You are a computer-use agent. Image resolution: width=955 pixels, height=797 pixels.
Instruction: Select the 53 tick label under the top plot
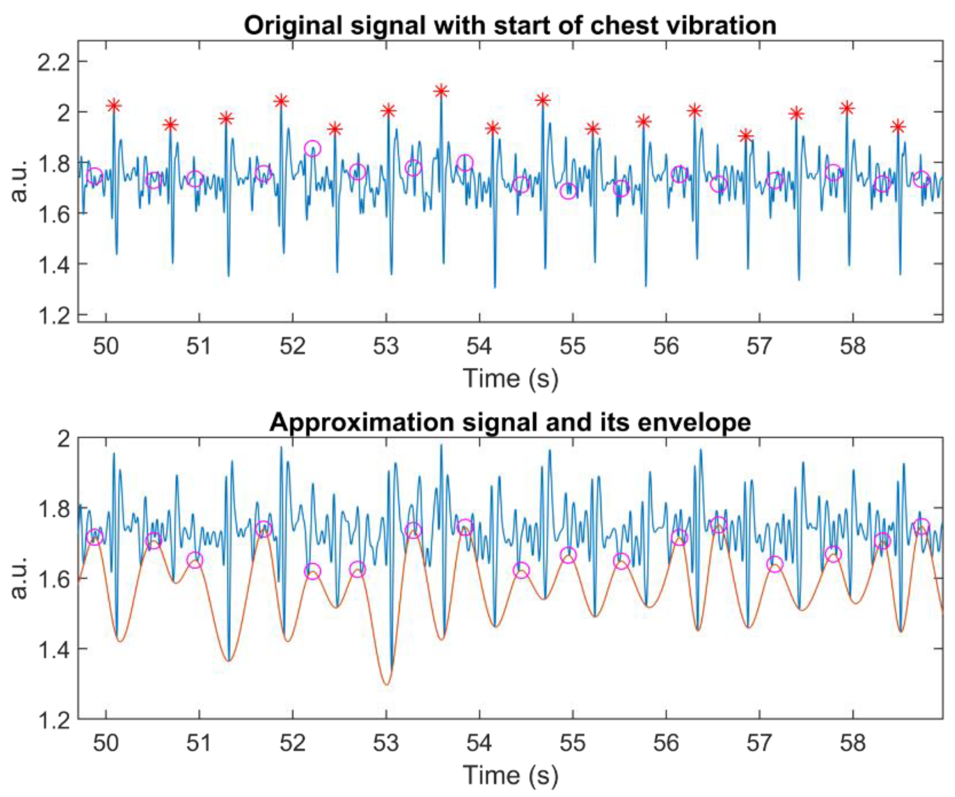386,347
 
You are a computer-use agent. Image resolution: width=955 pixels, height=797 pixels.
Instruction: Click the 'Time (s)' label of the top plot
510,379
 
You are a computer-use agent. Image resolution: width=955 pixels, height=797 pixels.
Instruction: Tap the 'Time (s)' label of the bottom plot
510,775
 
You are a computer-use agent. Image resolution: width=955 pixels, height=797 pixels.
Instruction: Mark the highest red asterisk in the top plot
440,91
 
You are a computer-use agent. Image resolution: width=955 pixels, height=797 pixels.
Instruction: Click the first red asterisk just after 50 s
114,106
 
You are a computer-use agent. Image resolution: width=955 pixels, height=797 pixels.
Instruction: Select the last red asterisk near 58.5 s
897,127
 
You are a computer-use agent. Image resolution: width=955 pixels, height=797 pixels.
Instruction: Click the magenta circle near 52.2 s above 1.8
312,148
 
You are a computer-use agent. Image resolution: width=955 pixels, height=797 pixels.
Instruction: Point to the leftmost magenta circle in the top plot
94,175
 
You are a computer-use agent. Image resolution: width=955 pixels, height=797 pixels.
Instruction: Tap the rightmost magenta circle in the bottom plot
921,526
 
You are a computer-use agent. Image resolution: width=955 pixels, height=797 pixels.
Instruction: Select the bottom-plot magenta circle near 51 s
195,560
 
